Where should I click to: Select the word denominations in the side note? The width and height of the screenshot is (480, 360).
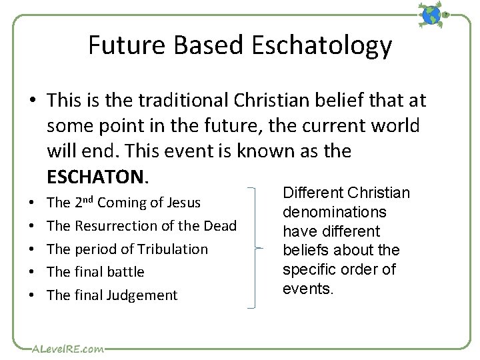pyautogui.click(x=334, y=212)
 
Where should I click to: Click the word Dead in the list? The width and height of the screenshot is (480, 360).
pyautogui.click(x=221, y=226)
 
